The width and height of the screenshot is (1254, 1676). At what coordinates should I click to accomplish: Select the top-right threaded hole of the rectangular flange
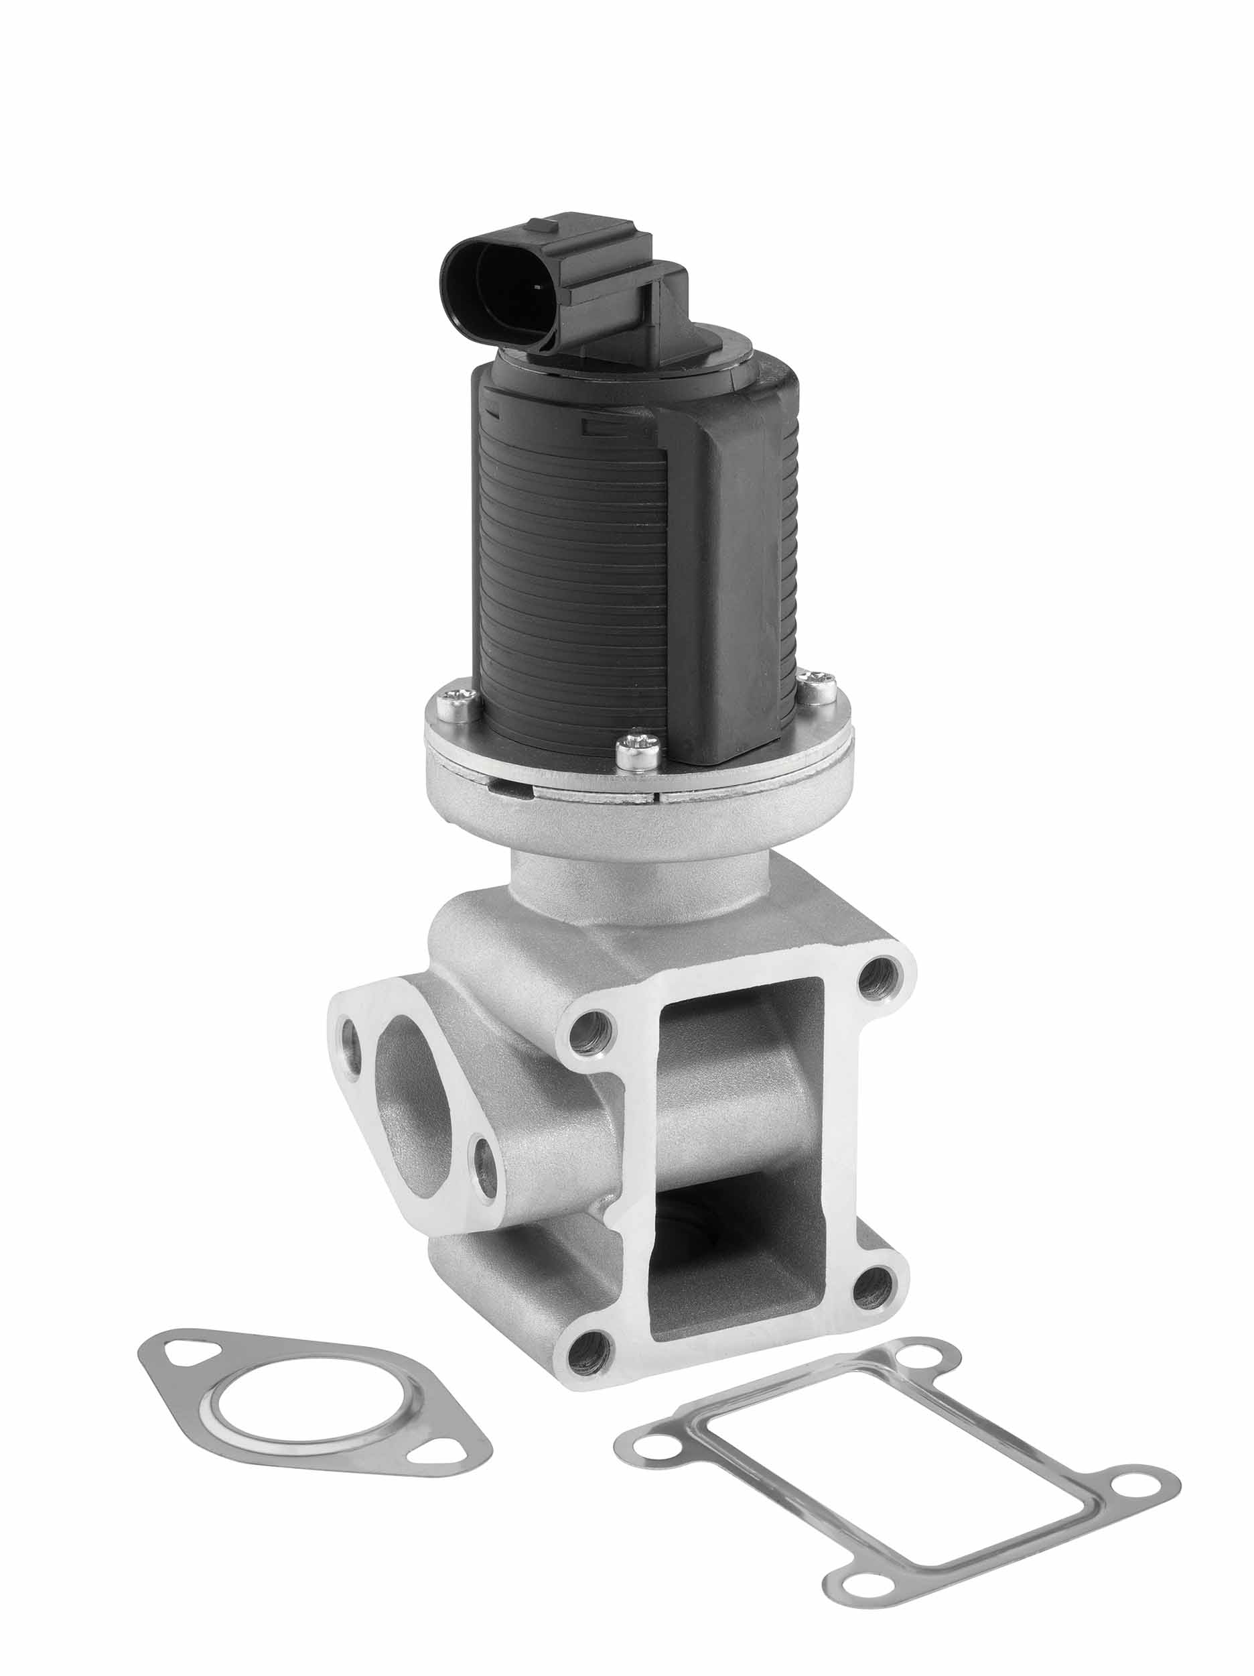coord(876,977)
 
